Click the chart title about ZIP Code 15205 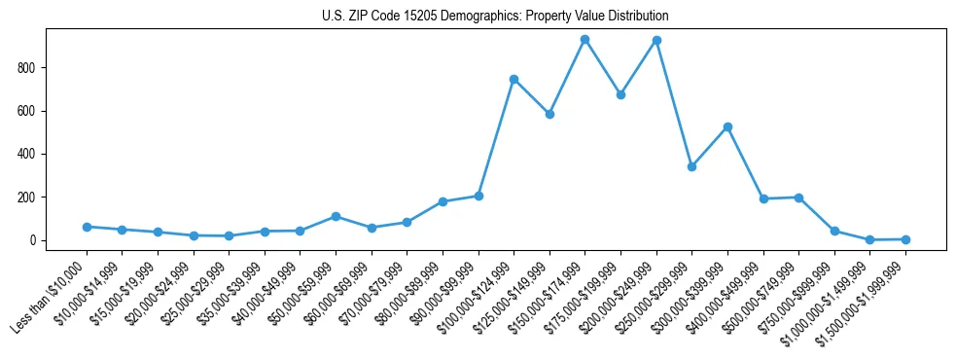point(495,17)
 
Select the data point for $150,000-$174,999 point(584,40)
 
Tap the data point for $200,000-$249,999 point(656,41)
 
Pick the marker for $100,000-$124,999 point(513,79)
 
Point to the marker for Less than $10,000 point(87,227)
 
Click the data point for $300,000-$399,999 point(727,127)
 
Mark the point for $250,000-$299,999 point(691,167)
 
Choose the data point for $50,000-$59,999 point(336,216)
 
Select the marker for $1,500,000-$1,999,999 point(905,239)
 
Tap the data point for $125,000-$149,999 point(549,114)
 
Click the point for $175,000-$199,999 point(620,94)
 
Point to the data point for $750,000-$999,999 point(834,232)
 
